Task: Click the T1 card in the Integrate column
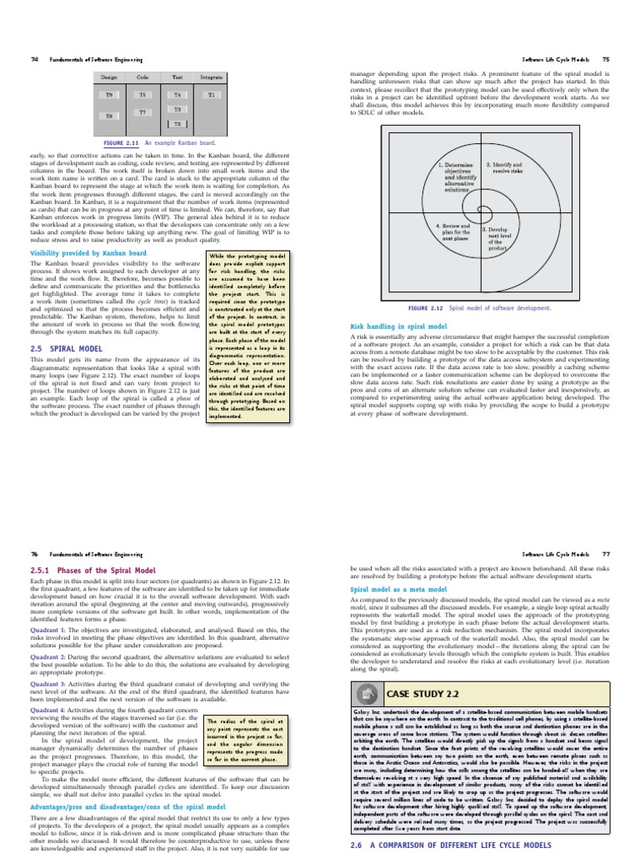(211, 95)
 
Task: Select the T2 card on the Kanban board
(177, 123)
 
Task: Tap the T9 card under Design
(108, 95)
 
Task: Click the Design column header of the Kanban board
(108, 77)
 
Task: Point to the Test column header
(177, 77)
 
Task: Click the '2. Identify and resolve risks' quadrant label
(505, 168)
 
